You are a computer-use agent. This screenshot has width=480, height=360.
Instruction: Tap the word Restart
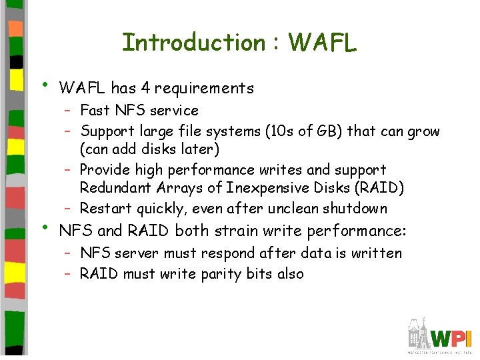click(x=106, y=209)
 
